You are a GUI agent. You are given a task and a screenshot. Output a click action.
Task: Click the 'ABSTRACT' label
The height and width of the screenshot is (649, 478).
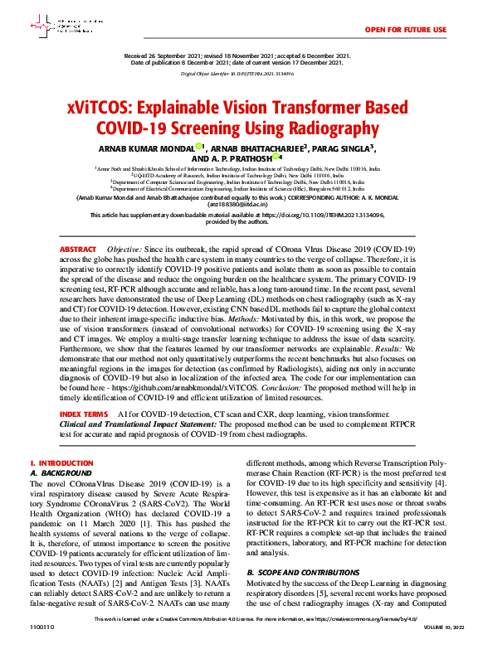point(78,249)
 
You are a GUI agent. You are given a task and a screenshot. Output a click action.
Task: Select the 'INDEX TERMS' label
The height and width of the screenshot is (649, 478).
point(84,413)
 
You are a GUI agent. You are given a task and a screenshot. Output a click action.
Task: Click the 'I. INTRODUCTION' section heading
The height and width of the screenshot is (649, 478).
point(56,463)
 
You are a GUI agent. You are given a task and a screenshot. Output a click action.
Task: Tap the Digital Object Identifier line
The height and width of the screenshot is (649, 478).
point(238,74)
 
